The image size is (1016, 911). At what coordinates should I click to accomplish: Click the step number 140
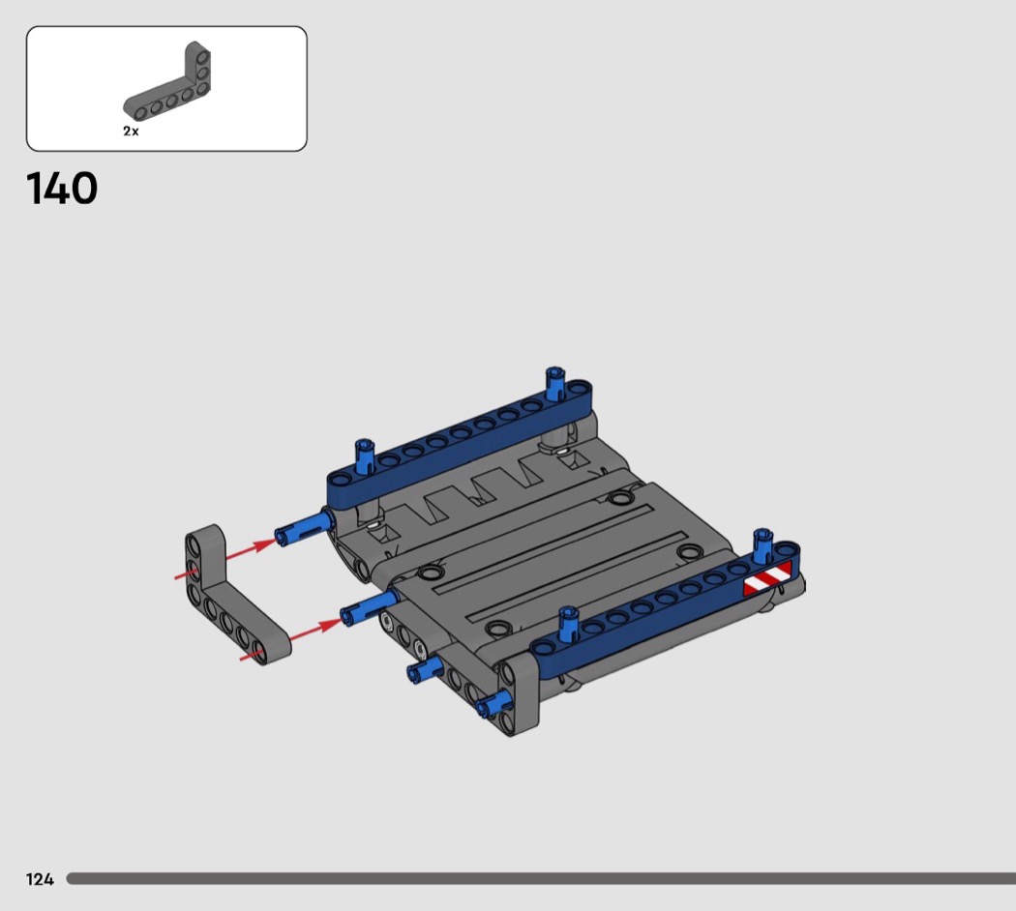62,189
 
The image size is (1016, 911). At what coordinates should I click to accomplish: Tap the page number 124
40,879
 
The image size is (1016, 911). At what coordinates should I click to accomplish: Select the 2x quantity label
131,131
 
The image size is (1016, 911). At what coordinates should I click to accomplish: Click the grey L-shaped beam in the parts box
167,87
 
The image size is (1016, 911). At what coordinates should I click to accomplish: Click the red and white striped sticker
768,577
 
